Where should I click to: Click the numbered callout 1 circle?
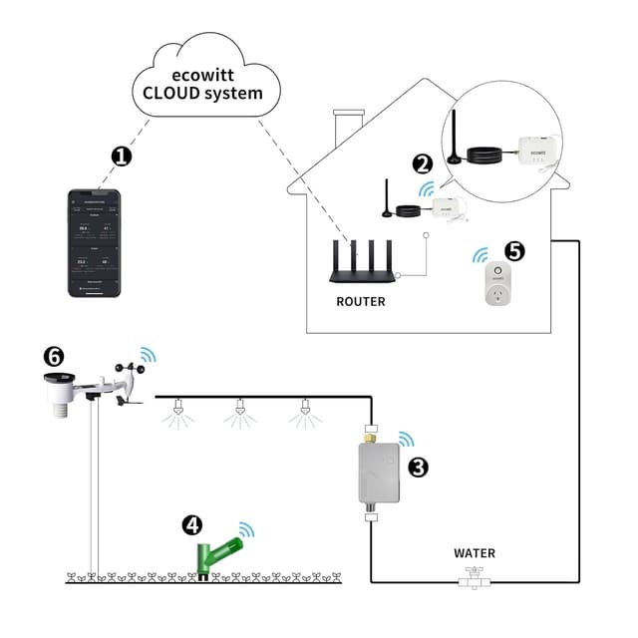tap(122, 157)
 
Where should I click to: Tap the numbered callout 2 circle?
tap(423, 164)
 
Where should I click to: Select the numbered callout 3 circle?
tap(419, 466)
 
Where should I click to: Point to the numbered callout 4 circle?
tap(192, 525)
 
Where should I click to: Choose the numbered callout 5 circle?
tap(514, 252)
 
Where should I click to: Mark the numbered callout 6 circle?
tap(54, 356)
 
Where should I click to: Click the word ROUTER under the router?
tap(361, 301)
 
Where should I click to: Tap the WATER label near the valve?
tap(474, 553)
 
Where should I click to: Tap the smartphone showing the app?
tap(94, 242)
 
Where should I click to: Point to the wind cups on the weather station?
tap(132, 370)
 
